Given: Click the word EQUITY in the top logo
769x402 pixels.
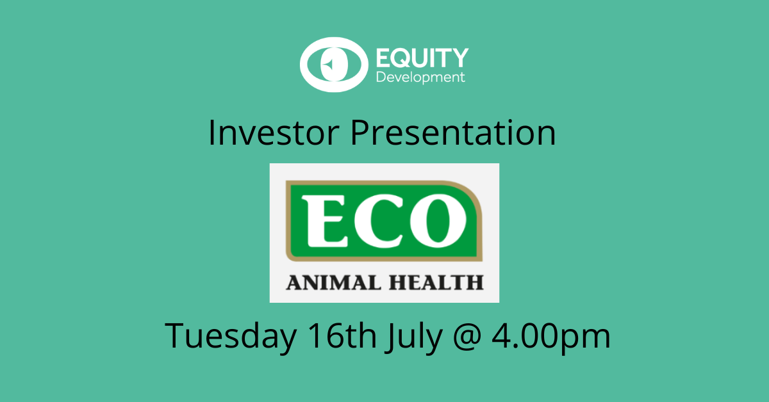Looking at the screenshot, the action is [x=422, y=58].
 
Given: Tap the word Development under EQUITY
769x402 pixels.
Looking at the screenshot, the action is [x=420, y=77].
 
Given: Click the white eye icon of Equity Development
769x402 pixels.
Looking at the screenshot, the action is [x=334, y=65].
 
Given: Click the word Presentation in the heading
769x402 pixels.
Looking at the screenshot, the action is [x=453, y=133].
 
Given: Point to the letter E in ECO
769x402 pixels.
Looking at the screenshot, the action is [x=325, y=221].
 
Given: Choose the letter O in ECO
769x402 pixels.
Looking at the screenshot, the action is [x=438, y=221].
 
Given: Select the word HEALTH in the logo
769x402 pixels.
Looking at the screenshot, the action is [x=436, y=283].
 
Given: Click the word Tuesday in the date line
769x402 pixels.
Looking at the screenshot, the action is [x=231, y=336].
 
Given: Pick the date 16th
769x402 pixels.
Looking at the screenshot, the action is [x=342, y=335].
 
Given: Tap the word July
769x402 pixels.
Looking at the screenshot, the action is [x=414, y=337].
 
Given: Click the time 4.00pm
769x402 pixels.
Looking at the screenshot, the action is [x=551, y=338].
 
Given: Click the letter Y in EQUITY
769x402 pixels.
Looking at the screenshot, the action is [x=459, y=58].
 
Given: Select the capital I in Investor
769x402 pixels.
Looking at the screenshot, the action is [x=211, y=133].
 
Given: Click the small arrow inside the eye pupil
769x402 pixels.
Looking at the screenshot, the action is [x=329, y=64].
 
